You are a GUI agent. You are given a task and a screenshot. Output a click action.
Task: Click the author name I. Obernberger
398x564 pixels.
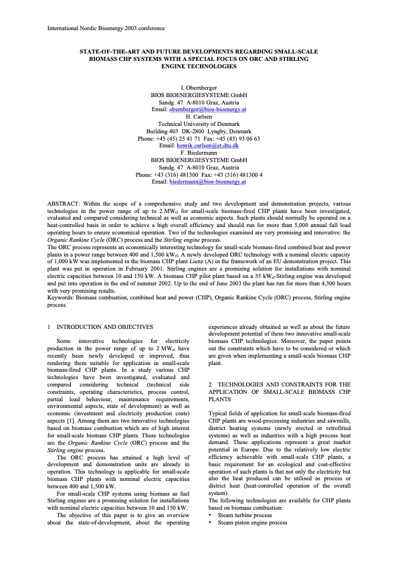[199, 88]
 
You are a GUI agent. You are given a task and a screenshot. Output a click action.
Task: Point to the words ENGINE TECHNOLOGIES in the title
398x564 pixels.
[199, 66]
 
